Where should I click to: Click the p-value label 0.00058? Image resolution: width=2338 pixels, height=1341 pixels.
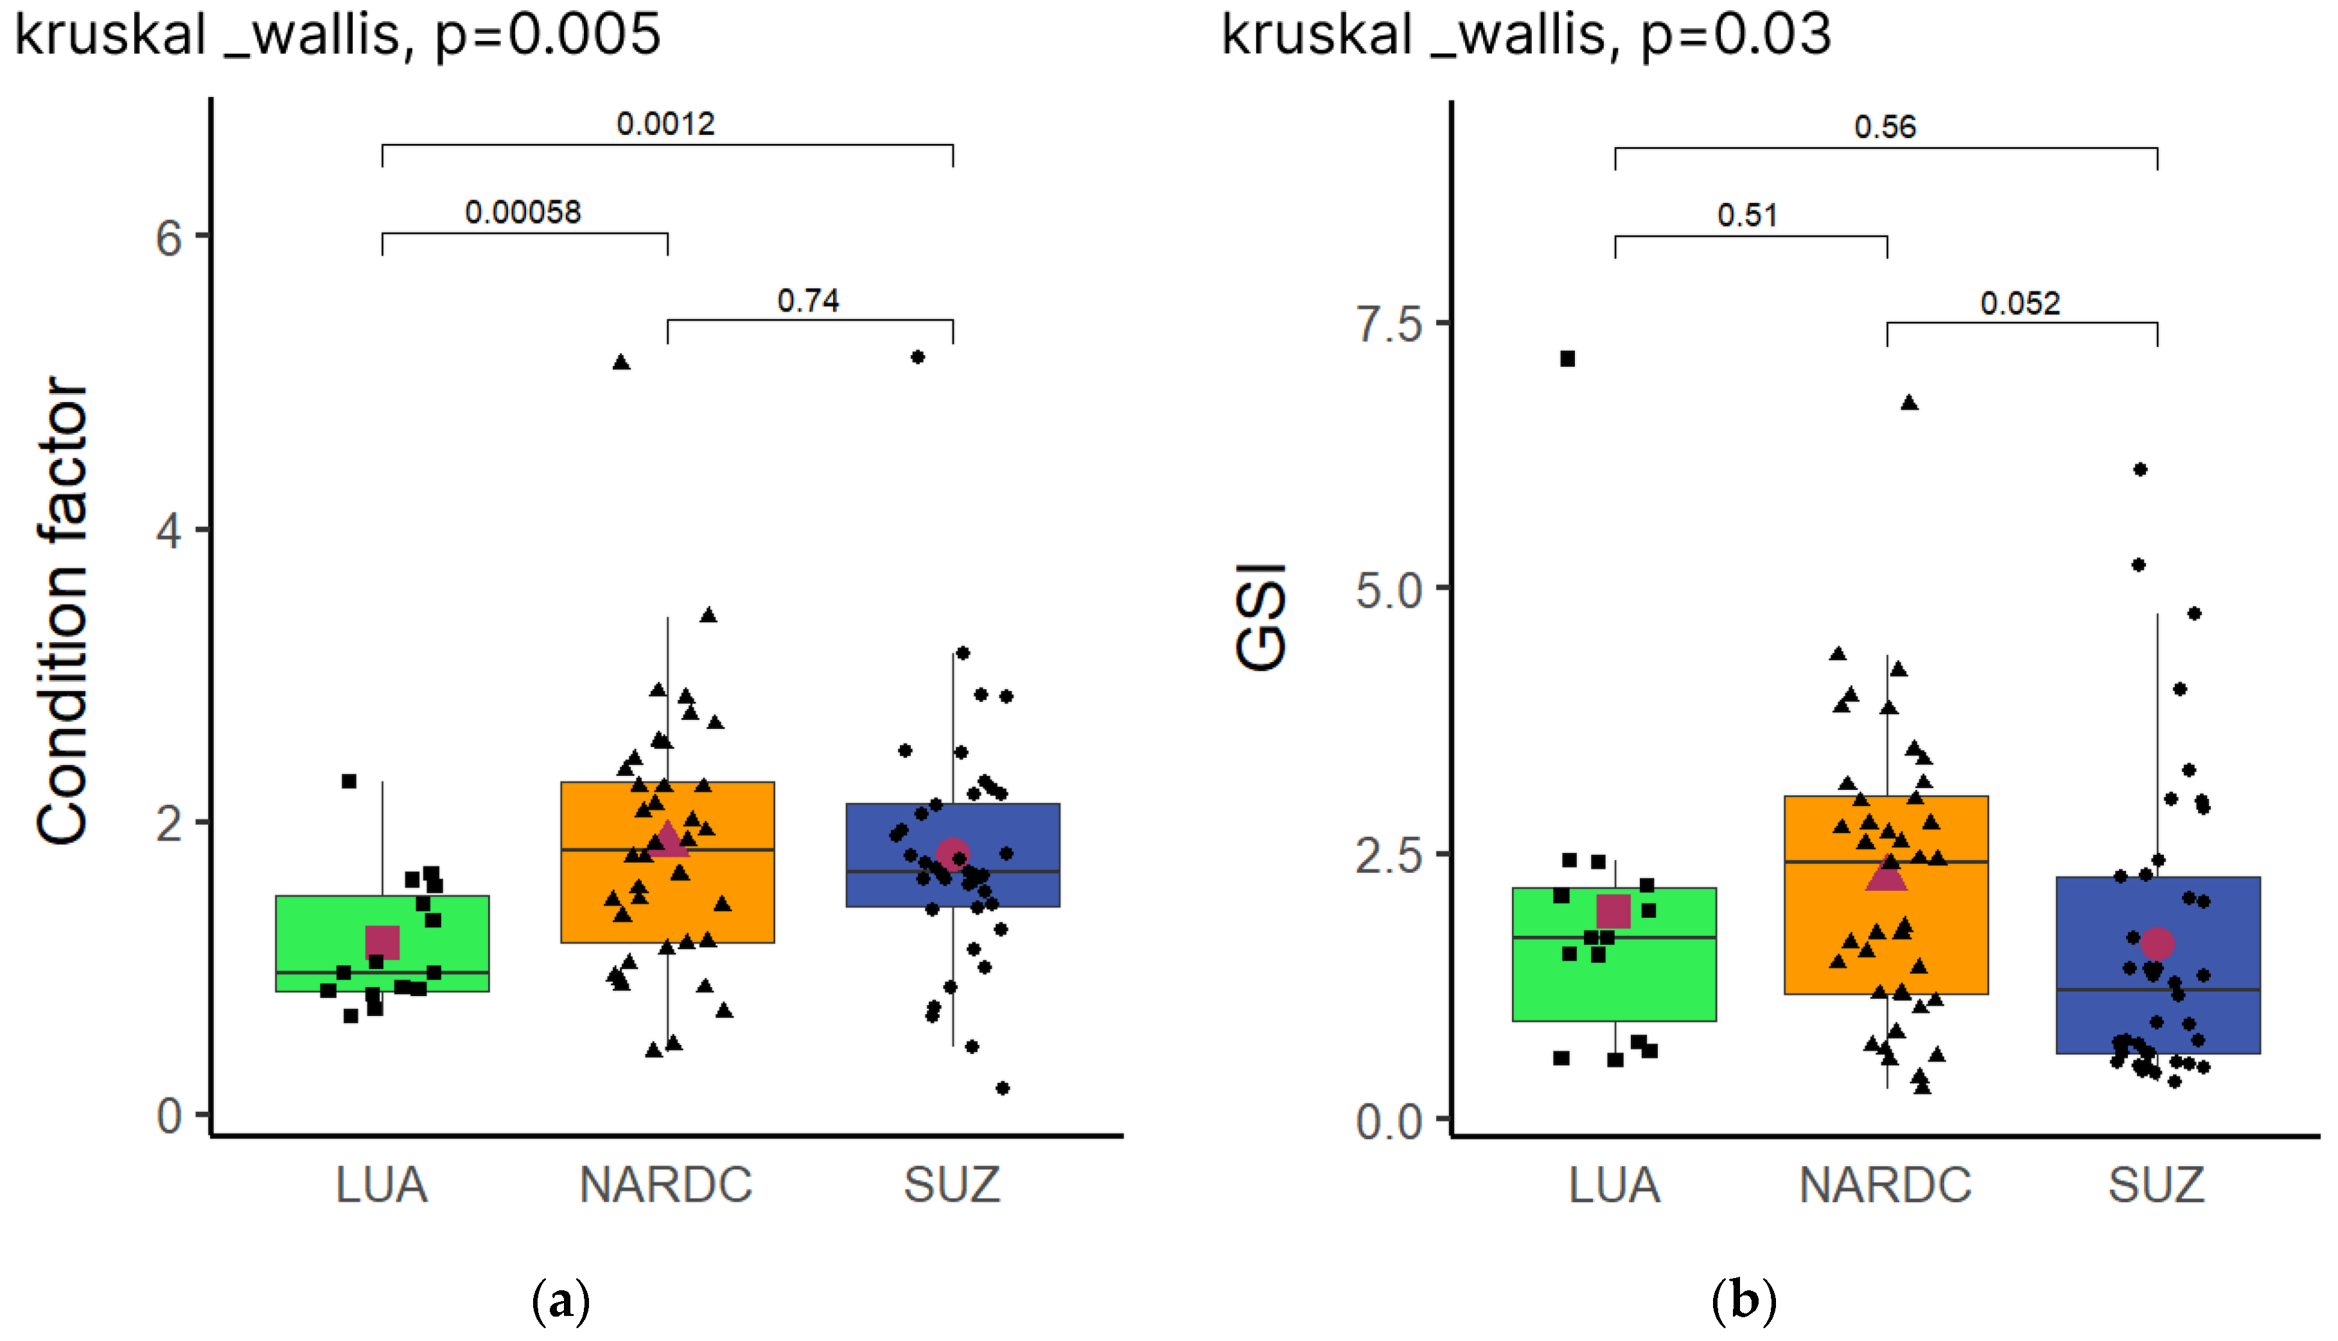(x=523, y=213)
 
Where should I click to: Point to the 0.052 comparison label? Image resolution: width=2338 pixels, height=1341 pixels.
(x=2019, y=304)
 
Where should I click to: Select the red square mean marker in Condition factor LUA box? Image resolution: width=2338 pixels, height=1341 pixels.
(x=382, y=942)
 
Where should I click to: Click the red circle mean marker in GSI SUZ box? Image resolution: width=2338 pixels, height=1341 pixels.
(x=2157, y=943)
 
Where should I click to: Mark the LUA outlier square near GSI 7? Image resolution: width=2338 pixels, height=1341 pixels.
(x=1567, y=359)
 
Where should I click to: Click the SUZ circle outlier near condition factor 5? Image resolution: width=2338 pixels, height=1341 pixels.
(x=917, y=357)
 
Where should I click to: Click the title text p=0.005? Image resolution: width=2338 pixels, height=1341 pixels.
(x=547, y=35)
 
